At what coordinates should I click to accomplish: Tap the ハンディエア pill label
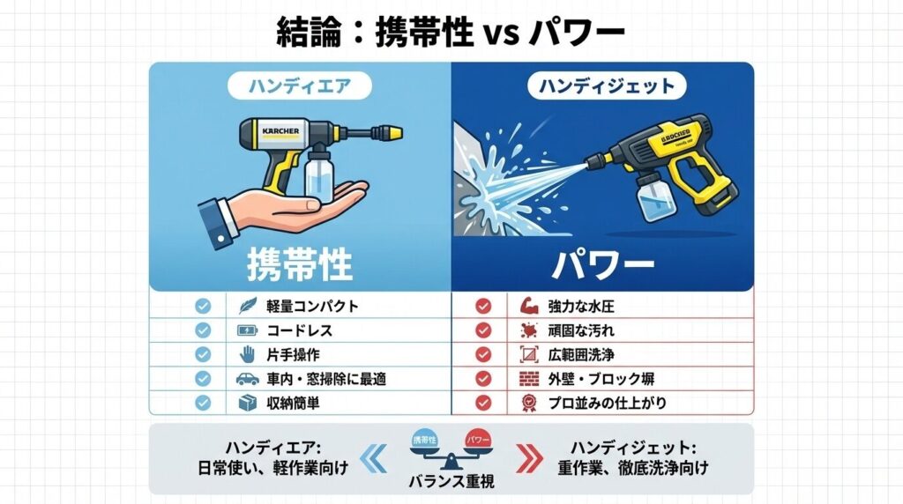299,86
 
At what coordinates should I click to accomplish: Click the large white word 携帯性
300,263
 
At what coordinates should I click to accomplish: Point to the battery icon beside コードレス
248,331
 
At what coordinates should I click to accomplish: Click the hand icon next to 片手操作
248,355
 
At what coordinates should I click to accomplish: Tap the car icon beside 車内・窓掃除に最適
248,379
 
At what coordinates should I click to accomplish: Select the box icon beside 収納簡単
248,403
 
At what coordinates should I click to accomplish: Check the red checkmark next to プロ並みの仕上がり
482,403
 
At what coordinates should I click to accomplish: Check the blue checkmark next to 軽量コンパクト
203,307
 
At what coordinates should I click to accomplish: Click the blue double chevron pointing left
375,457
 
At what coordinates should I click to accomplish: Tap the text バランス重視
451,482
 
